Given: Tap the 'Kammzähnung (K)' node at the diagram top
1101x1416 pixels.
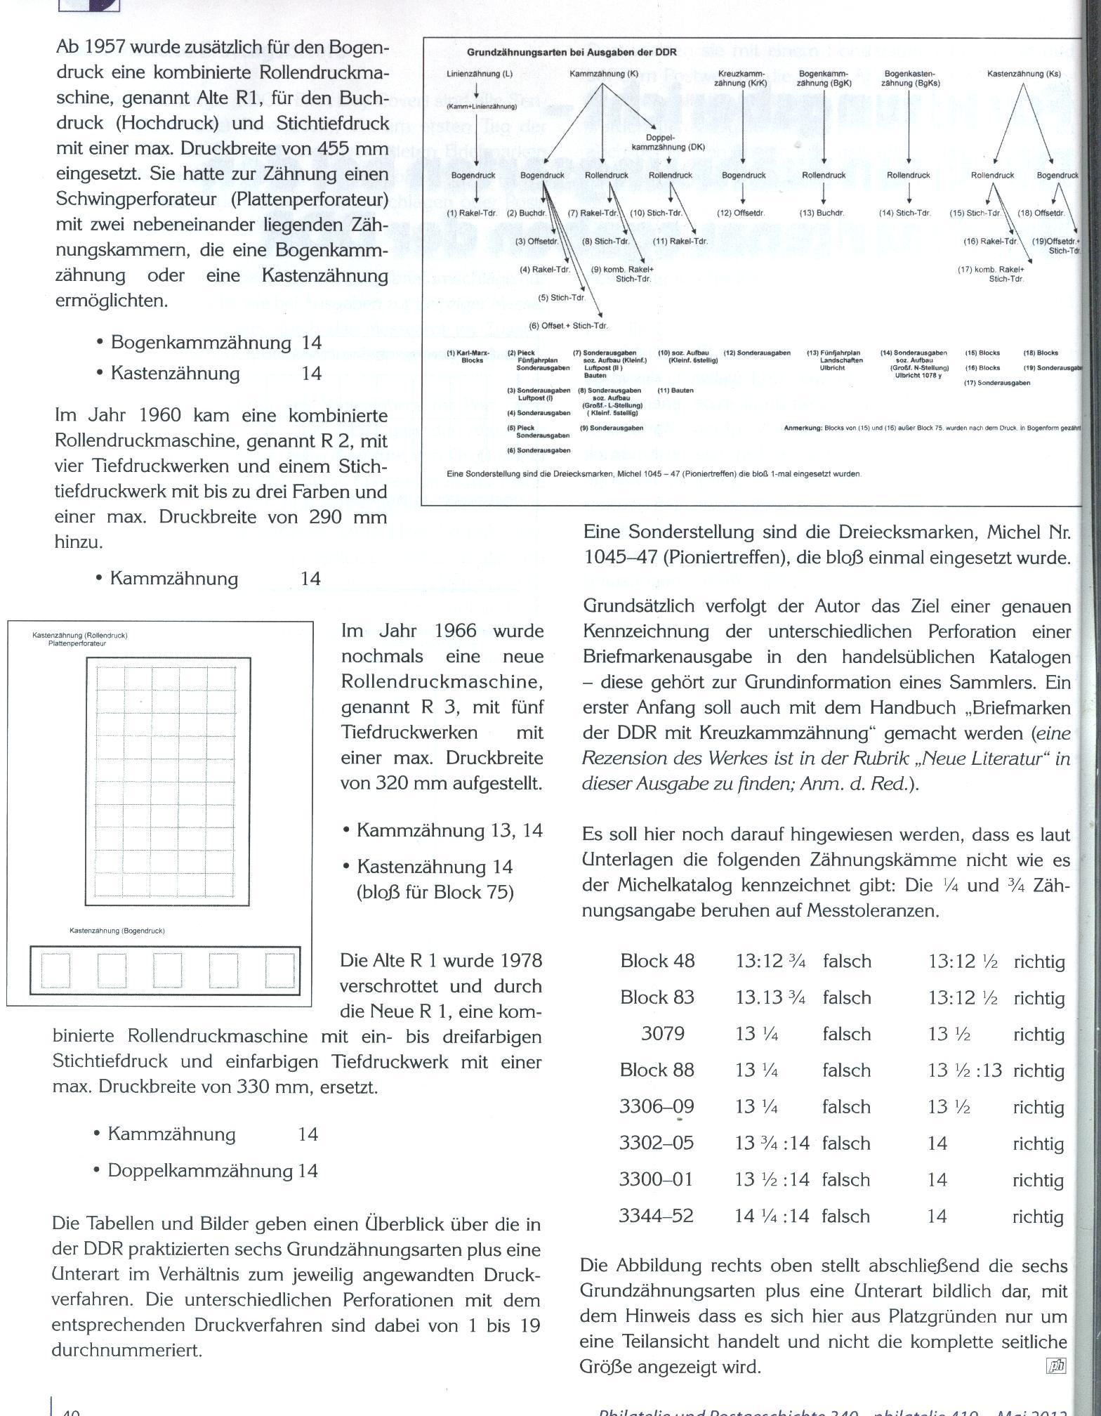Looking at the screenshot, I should coord(604,74).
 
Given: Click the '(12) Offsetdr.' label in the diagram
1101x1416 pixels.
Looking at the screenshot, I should coord(741,213).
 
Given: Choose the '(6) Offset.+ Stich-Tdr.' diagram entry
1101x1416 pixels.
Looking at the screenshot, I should coord(569,325).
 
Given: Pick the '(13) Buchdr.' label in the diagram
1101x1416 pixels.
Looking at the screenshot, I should coord(822,213).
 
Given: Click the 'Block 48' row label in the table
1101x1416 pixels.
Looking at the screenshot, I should coord(657,961).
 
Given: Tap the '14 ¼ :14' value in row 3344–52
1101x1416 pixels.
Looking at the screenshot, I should coord(772,1216).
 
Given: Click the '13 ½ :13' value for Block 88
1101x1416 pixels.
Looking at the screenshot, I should coord(965,1070).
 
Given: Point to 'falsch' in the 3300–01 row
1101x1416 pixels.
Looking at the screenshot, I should coord(846,1179).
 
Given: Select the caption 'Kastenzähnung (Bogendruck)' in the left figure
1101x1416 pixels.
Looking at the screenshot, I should coord(117,931).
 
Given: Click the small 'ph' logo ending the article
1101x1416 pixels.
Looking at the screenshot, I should coord(1056,1366).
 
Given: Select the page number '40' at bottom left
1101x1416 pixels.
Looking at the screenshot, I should coord(70,1410).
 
